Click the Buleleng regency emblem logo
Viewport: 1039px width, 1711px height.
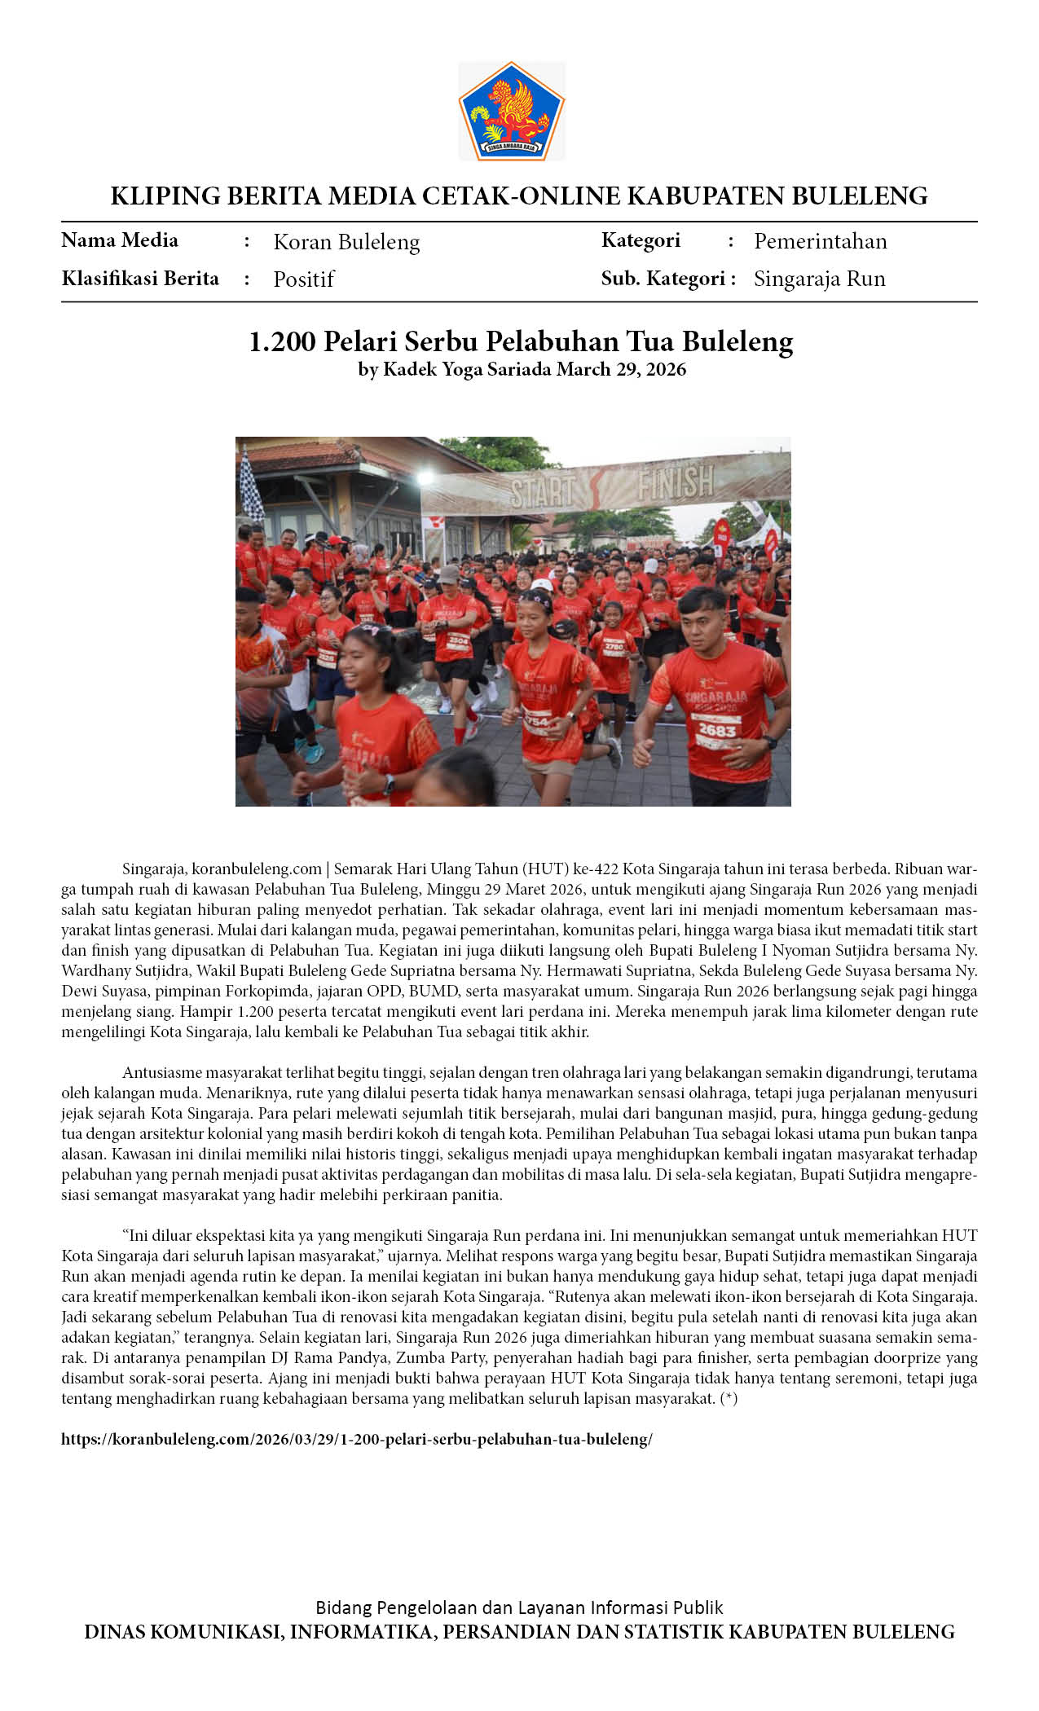coord(511,111)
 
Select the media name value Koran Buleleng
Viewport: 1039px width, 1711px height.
coord(346,242)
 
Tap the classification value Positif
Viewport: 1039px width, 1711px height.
coord(303,279)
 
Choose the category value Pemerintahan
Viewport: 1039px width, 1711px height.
coord(820,241)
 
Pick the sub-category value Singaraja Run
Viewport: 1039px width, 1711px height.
coord(819,279)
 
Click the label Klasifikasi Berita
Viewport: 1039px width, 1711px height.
coord(140,279)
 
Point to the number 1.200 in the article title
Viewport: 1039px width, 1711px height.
coord(282,341)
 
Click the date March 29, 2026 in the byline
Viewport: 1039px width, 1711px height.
coord(621,370)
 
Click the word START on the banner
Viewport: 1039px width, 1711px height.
coord(544,491)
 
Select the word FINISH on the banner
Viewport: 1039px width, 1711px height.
coord(675,482)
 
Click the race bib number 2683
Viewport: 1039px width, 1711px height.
coord(716,731)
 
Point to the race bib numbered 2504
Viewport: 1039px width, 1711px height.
coord(458,640)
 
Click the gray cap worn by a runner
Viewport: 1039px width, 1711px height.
coord(449,574)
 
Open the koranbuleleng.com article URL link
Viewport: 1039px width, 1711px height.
coord(356,1439)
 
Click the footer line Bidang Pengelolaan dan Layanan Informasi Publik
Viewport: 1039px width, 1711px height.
coord(519,1608)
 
